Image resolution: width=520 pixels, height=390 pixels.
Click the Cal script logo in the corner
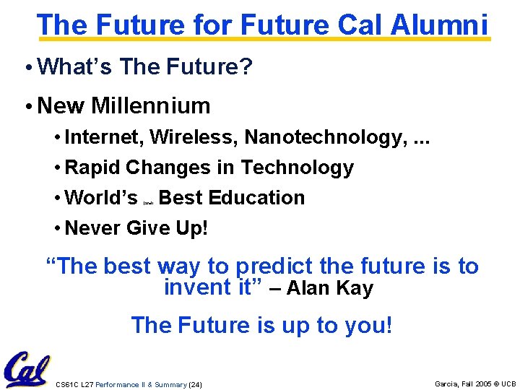click(x=27, y=369)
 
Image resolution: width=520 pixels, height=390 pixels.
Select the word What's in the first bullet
click(x=76, y=66)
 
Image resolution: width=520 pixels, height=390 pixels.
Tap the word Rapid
click(x=92, y=168)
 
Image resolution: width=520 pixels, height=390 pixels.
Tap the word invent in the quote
click(x=188, y=288)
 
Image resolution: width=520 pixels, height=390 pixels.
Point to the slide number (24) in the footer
click(x=195, y=384)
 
